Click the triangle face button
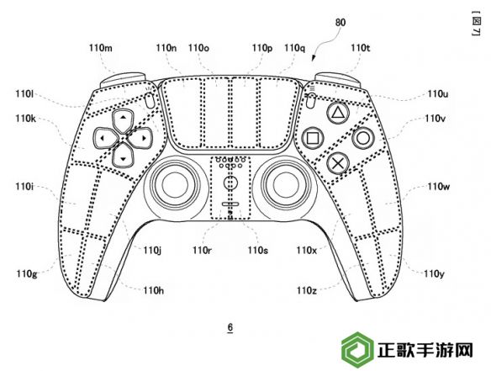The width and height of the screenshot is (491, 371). click(337, 113)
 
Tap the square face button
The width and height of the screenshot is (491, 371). click(313, 138)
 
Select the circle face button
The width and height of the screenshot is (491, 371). click(363, 138)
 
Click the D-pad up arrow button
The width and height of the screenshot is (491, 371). click(124, 120)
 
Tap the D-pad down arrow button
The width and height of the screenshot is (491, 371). click(124, 156)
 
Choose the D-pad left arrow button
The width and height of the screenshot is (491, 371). click(105, 138)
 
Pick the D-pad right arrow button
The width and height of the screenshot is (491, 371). click(141, 138)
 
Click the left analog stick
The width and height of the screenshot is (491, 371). click(173, 185)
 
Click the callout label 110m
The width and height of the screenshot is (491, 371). click(101, 48)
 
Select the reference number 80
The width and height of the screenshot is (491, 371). click(341, 23)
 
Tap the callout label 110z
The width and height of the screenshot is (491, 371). click(307, 291)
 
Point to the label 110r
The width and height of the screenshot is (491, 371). click(202, 251)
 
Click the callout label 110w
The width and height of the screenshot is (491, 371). click(439, 187)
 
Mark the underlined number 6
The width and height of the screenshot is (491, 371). click(230, 328)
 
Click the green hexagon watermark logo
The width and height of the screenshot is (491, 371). click(357, 350)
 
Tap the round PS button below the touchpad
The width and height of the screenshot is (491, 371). click(230, 183)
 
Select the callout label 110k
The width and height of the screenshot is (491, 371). click(26, 119)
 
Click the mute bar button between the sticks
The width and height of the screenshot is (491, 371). click(230, 204)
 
